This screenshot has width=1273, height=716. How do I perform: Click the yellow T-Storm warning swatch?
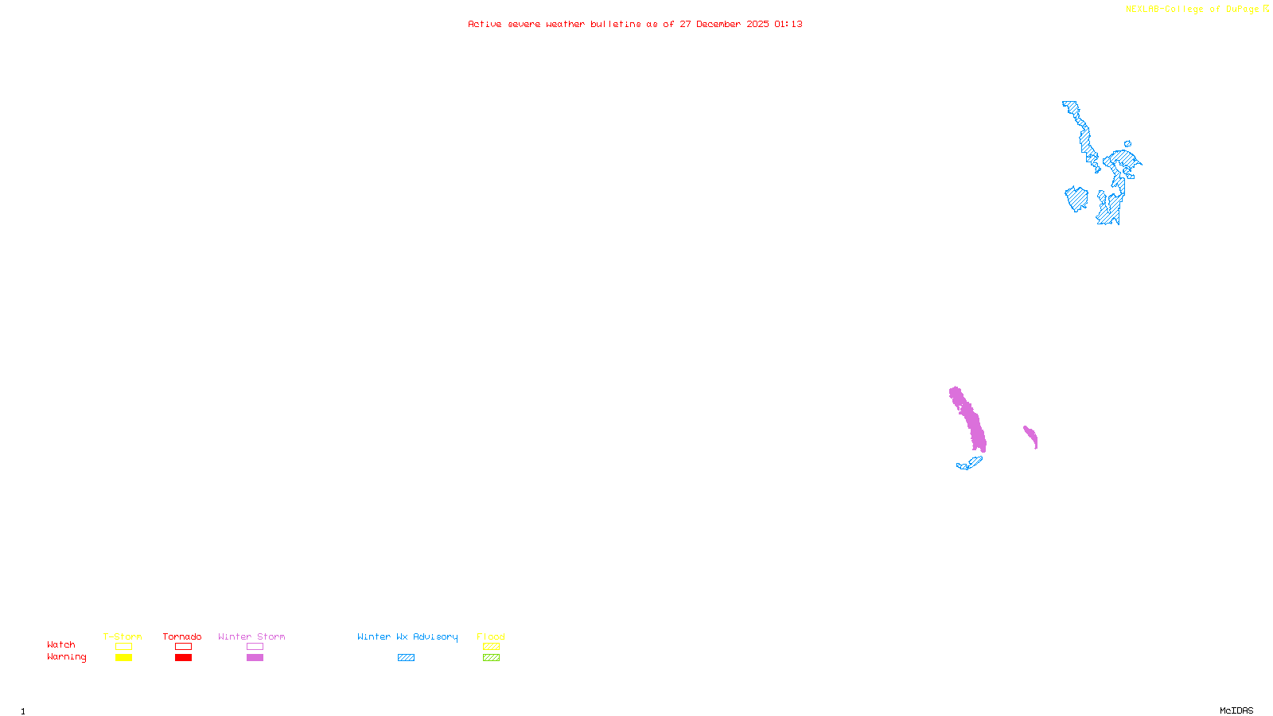[x=123, y=658]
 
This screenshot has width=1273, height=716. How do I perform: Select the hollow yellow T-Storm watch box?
[x=123, y=647]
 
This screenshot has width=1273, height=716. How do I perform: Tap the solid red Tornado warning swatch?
[x=183, y=658]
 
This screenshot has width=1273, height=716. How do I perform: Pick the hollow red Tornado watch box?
[x=183, y=647]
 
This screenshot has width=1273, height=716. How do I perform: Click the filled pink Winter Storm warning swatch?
[x=255, y=658]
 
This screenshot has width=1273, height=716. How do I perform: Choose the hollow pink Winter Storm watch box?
[x=255, y=647]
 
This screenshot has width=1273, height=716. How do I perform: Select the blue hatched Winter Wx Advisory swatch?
[x=406, y=658]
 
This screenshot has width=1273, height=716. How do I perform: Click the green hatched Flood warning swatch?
[x=491, y=658]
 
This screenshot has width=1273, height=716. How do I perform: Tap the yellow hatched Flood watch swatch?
[x=491, y=647]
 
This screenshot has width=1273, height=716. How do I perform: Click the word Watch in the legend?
[x=61, y=645]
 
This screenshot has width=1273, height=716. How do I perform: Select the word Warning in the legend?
[x=66, y=657]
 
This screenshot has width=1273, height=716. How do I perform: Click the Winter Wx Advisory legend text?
[x=407, y=636]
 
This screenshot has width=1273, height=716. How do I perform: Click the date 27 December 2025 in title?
[x=724, y=24]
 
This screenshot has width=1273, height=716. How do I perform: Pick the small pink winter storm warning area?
[x=1030, y=436]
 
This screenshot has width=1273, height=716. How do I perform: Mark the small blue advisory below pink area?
[x=970, y=463]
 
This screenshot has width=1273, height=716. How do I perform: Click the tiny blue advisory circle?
[x=1127, y=144]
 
